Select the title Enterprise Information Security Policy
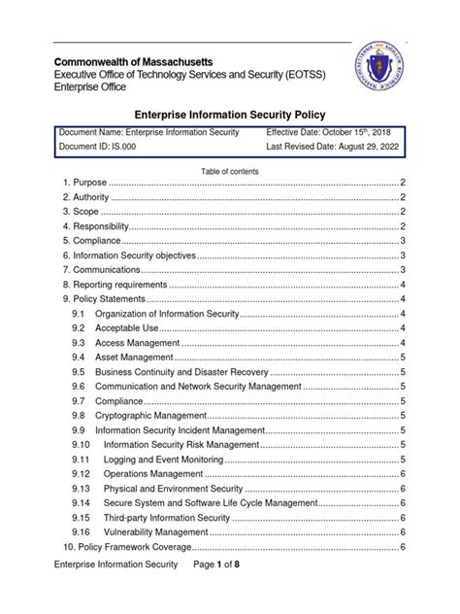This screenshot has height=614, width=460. [230, 114]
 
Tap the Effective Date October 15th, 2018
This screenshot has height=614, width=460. [327, 131]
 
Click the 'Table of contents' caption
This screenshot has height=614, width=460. [230, 171]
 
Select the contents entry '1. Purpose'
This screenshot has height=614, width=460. [83, 183]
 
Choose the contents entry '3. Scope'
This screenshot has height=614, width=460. [81, 212]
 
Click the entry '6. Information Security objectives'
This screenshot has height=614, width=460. [129, 256]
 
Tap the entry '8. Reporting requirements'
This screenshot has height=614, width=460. [115, 285]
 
